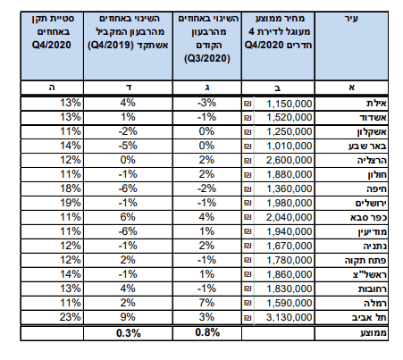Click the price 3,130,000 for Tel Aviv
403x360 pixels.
click(289, 317)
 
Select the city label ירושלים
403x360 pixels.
click(371, 203)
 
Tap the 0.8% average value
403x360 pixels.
click(207, 332)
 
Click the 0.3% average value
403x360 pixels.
click(129, 333)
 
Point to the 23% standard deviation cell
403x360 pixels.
click(70, 317)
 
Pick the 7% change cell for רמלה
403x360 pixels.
click(206, 303)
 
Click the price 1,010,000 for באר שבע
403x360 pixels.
click(289, 146)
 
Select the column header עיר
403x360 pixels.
click(351, 19)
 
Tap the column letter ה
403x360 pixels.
click(52, 88)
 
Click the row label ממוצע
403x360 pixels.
click(374, 332)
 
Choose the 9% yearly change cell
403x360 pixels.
click(128, 317)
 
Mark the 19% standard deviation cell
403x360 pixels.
click(71, 203)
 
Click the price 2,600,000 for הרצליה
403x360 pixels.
click(289, 160)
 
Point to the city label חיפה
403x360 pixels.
click(376, 188)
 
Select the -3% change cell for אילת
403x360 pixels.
click(206, 103)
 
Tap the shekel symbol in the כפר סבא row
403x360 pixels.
click(248, 217)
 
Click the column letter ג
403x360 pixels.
click(207, 88)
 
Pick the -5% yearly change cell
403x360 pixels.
click(128, 146)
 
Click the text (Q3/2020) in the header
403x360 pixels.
click(207, 58)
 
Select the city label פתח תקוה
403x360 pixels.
click(365, 260)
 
